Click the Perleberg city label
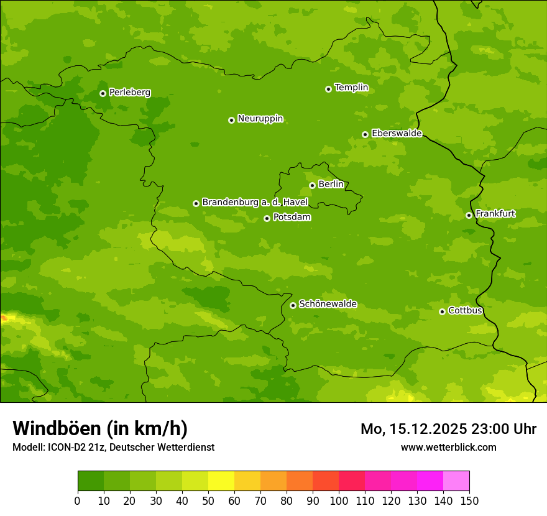(129, 93)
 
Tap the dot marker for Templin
(328, 89)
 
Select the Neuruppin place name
(260, 119)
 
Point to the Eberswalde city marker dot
(365, 134)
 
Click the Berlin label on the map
(331, 185)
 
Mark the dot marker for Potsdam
(267, 218)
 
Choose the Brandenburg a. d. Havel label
(255, 203)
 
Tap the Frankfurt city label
(495, 214)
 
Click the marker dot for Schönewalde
(293, 305)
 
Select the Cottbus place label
(465, 310)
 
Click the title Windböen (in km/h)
(100, 428)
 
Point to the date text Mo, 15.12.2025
(413, 429)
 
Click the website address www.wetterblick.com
(448, 447)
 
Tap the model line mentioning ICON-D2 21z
(113, 447)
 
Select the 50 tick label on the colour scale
(208, 501)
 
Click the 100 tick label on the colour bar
(339, 501)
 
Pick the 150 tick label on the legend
(469, 501)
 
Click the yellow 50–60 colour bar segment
(221, 481)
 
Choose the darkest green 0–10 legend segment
(91, 481)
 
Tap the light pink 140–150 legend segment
(456, 481)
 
